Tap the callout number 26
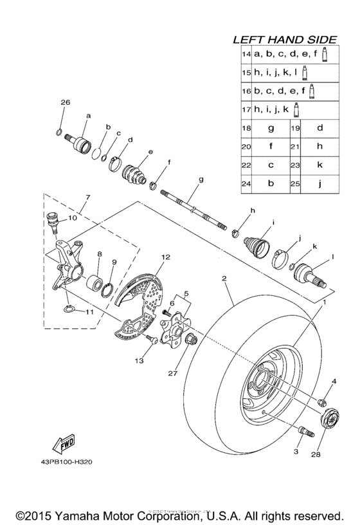(x=64, y=103)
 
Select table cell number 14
(x=246, y=55)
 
